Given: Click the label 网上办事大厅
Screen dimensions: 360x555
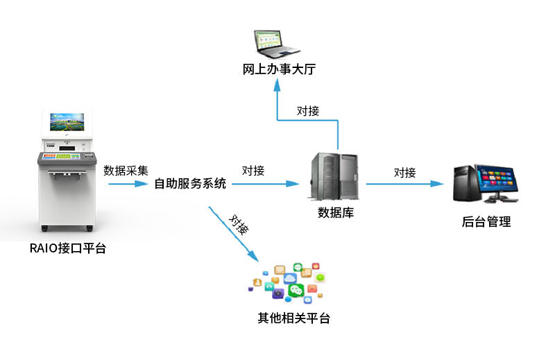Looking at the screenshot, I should pyautogui.click(x=275, y=69).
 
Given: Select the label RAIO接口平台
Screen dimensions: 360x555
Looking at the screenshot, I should pyautogui.click(x=68, y=248).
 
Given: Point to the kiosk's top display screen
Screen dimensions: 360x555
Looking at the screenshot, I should pyautogui.click(x=67, y=123).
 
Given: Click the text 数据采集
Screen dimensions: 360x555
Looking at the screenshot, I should pyautogui.click(x=126, y=169).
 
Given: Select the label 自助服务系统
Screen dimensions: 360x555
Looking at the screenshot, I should pyautogui.click(x=190, y=184).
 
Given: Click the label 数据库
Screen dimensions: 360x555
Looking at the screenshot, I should pyautogui.click(x=336, y=213).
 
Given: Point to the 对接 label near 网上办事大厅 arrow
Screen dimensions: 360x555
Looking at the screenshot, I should pyautogui.click(x=308, y=110).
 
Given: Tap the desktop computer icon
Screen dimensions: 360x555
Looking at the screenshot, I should pyautogui.click(x=485, y=183).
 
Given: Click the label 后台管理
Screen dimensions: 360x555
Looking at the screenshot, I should pyautogui.click(x=486, y=222).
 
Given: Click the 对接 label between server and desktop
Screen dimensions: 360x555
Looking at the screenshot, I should pyautogui.click(x=405, y=172).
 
